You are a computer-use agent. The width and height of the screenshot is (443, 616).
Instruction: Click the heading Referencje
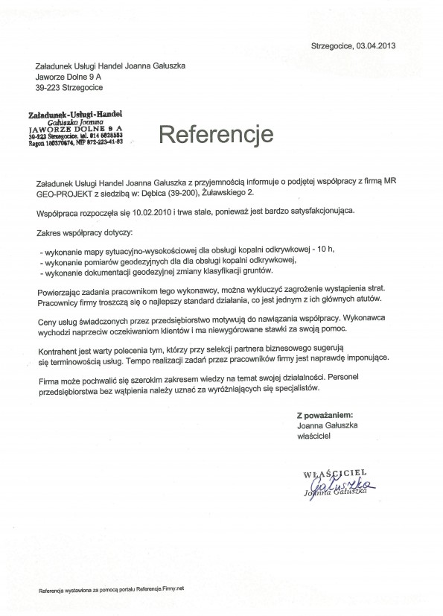(x=206, y=135)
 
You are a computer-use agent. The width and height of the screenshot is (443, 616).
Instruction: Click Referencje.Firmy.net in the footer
(x=161, y=588)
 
